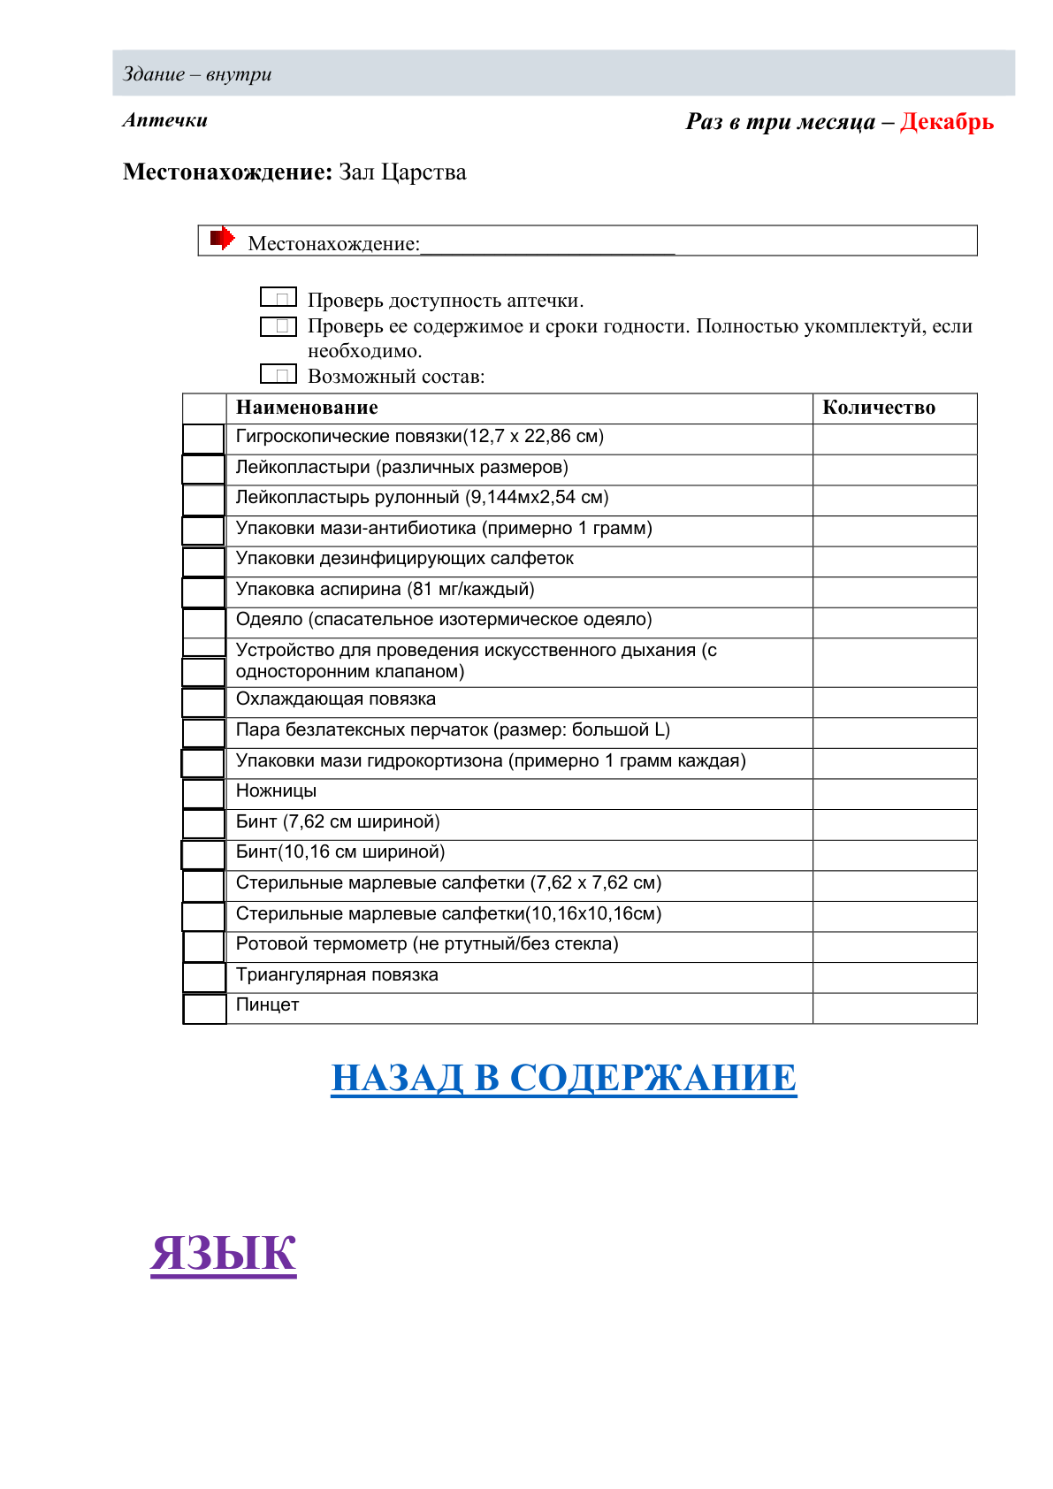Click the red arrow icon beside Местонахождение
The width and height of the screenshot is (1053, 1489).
point(222,238)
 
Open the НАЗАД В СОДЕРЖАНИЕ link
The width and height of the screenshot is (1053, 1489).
point(563,1078)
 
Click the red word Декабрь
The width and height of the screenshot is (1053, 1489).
point(946,122)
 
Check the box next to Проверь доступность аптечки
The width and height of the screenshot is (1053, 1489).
point(278,298)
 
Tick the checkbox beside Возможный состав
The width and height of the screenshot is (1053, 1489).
point(278,374)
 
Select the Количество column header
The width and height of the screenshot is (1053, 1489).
point(878,408)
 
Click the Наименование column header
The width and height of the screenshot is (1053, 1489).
point(307,408)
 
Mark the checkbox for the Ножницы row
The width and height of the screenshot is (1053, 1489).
point(203,793)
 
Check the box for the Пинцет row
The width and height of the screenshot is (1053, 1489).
point(204,1008)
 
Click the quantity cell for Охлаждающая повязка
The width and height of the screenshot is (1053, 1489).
point(894,702)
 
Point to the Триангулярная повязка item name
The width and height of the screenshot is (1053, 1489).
point(337,975)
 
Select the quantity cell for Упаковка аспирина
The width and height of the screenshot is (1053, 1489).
point(894,592)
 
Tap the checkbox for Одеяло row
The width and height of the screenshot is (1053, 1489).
point(203,622)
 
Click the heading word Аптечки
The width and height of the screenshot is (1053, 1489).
point(165,120)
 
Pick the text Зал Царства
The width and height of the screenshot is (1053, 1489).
point(402,172)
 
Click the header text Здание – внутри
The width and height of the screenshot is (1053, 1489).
point(197,74)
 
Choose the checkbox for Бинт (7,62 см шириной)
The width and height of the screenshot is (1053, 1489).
point(203,824)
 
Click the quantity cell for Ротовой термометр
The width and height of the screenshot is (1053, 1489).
point(894,946)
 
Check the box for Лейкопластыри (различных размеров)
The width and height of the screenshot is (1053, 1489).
point(203,470)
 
